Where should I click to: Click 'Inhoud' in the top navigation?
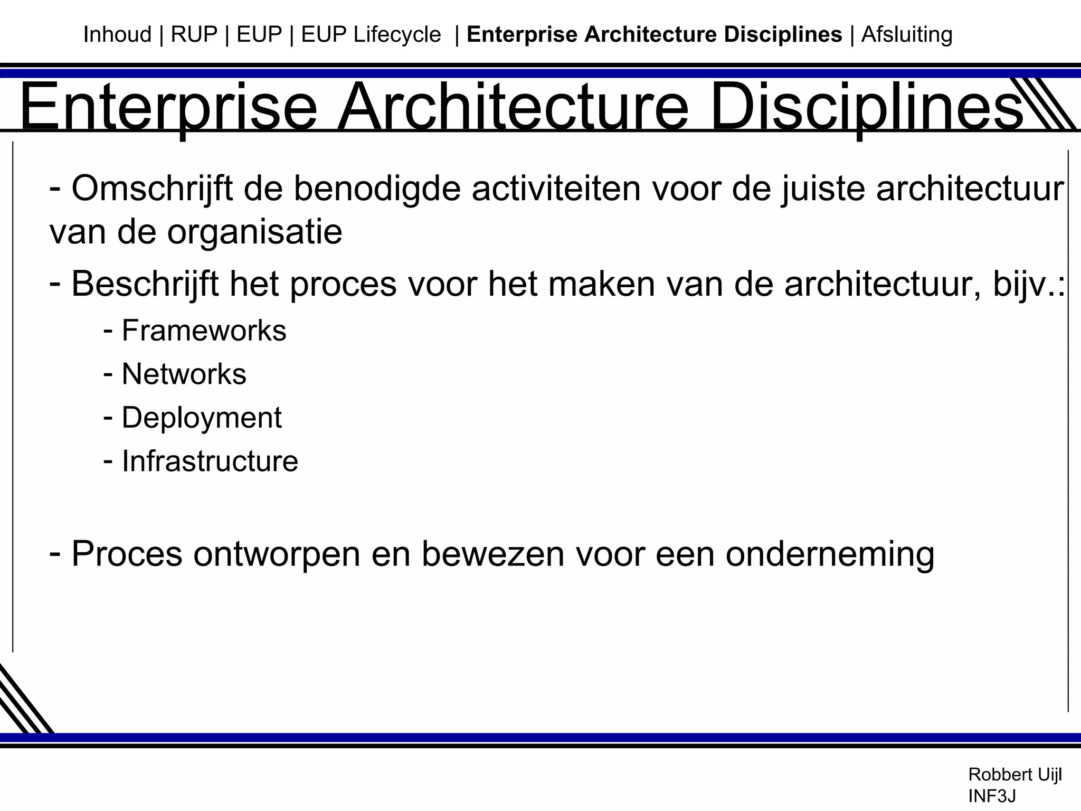[x=117, y=35]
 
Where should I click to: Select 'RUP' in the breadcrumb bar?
[x=194, y=35]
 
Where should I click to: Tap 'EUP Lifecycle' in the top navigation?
[x=371, y=35]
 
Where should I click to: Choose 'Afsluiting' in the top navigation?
[x=907, y=35]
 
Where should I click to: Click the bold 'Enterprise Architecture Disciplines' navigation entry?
[x=655, y=35]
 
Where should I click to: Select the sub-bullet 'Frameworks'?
[x=204, y=331]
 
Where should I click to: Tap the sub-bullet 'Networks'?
[x=184, y=374]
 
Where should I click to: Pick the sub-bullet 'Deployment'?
[x=202, y=418]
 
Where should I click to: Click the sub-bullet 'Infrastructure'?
[x=210, y=461]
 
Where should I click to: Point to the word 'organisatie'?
[x=254, y=232]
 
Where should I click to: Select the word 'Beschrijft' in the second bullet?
[x=145, y=284]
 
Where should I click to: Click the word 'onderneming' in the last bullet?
[x=830, y=554]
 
